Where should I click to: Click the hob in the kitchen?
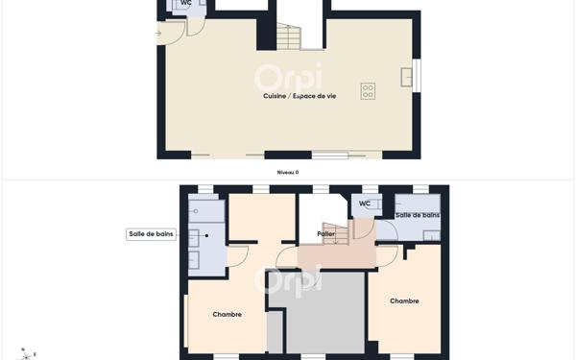pos(368,91)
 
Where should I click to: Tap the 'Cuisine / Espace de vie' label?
pos(300,96)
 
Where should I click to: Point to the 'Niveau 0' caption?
pos(288,172)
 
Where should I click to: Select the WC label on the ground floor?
pos(185,3)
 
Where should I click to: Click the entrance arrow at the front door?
pos(159,34)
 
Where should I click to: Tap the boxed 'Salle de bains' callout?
pos(151,234)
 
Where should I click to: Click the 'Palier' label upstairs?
pos(325,233)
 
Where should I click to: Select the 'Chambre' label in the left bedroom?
pos(228,314)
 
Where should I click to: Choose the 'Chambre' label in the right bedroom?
pos(404,301)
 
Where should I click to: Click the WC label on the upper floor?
pos(365,204)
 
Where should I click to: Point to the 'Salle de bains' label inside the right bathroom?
pos(418,215)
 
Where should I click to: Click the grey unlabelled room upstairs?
pos(326,312)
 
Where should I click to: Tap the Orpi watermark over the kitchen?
pos(288,77)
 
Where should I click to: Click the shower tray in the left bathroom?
pos(206,211)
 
